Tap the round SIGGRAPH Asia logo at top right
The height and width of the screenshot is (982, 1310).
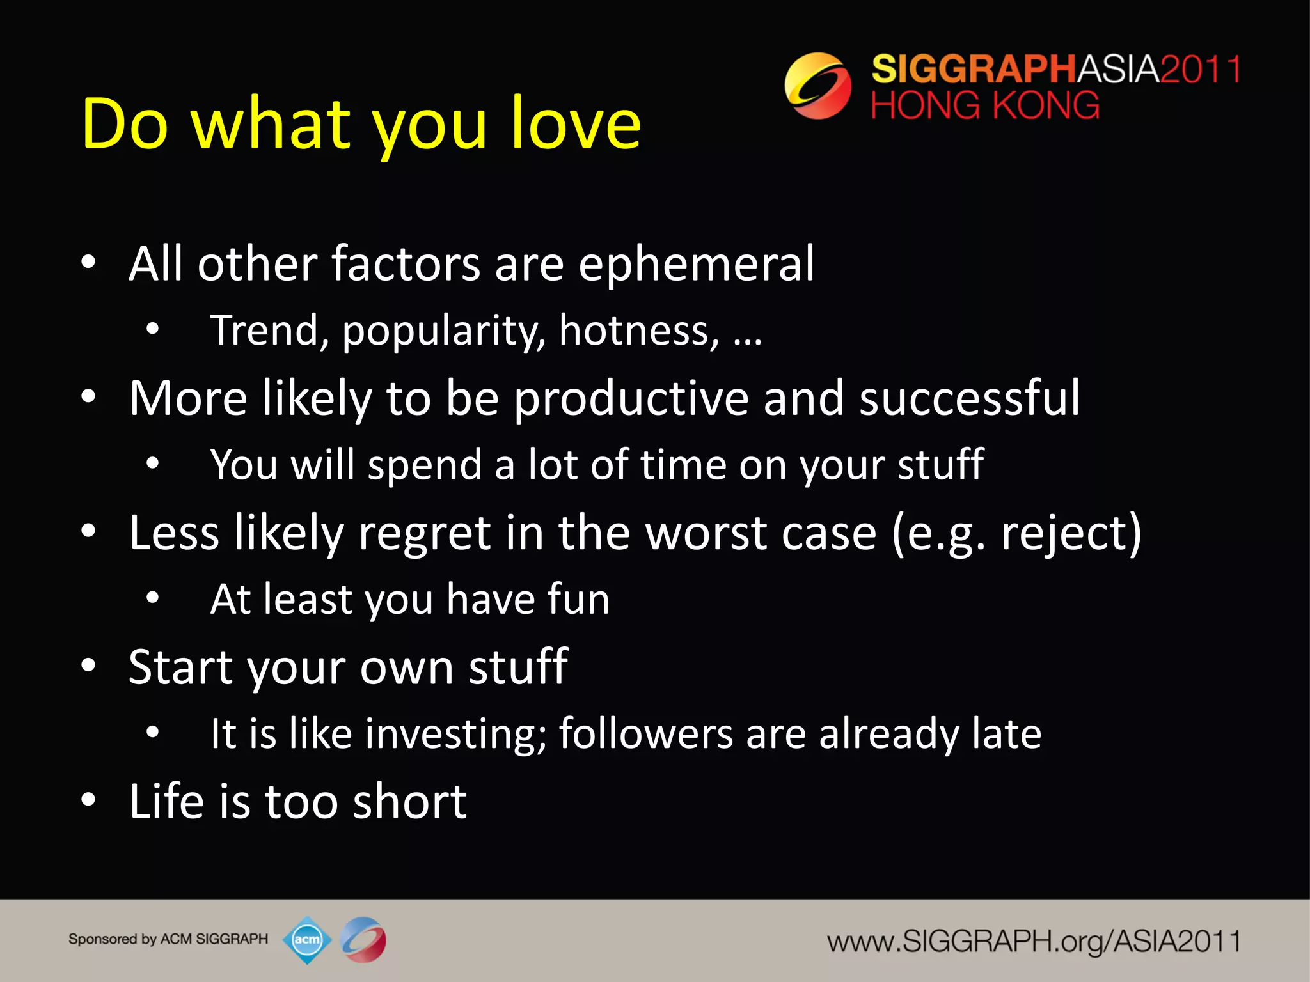coord(817,86)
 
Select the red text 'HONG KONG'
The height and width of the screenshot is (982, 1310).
coord(984,105)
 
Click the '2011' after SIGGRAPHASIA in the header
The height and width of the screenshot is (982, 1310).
coord(1201,69)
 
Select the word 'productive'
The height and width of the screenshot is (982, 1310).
coord(631,398)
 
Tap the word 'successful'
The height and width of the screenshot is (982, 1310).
coord(969,398)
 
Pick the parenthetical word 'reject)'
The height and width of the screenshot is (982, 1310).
coord(1071,533)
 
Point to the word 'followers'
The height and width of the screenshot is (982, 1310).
coord(645,733)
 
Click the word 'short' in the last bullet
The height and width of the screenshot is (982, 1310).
coord(409,802)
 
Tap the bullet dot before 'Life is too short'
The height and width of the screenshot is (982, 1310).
coord(88,800)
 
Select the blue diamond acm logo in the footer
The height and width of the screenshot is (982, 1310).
coord(307,940)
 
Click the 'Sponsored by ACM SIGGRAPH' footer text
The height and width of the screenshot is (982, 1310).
coord(168,939)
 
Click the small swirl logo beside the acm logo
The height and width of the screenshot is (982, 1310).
coord(363,940)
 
